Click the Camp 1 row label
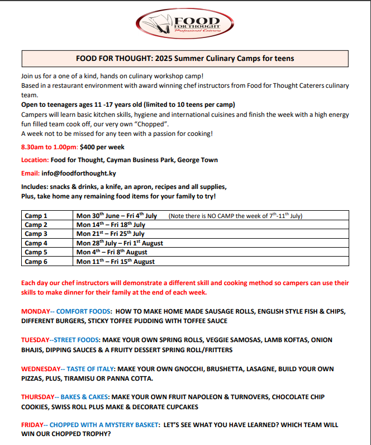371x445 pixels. coord(36,216)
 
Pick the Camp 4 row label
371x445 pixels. coord(36,243)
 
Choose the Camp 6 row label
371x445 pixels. coord(36,262)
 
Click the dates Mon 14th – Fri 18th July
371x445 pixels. coord(111,225)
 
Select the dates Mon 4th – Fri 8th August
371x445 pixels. coord(112,252)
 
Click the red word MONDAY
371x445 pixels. coord(36,311)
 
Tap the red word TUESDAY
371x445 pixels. coord(36,340)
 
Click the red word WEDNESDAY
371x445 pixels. coord(41,369)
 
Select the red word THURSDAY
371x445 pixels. coord(38,397)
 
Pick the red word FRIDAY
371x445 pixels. coord(32,425)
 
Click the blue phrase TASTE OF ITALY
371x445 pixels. coord(91,369)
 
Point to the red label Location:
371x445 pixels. coord(35,160)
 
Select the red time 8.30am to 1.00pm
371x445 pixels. coord(49,147)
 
